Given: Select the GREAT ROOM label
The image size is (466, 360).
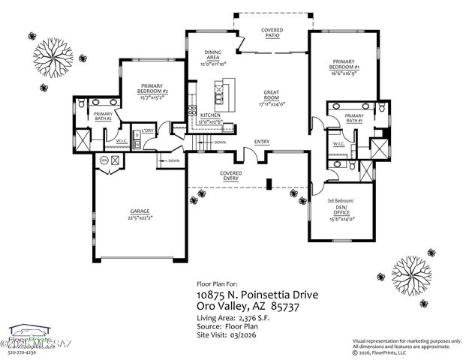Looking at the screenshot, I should (271, 94).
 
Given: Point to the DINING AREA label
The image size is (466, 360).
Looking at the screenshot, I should (213, 54).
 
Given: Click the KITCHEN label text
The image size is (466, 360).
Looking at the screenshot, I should (209, 115).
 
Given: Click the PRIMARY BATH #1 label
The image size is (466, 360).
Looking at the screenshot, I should (354, 118).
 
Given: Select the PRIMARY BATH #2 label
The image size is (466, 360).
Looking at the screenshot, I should (104, 115).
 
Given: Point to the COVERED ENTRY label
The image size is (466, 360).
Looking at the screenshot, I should (230, 175).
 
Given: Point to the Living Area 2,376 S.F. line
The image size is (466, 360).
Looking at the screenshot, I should (236, 318).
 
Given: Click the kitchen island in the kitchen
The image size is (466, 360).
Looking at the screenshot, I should (220, 95).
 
